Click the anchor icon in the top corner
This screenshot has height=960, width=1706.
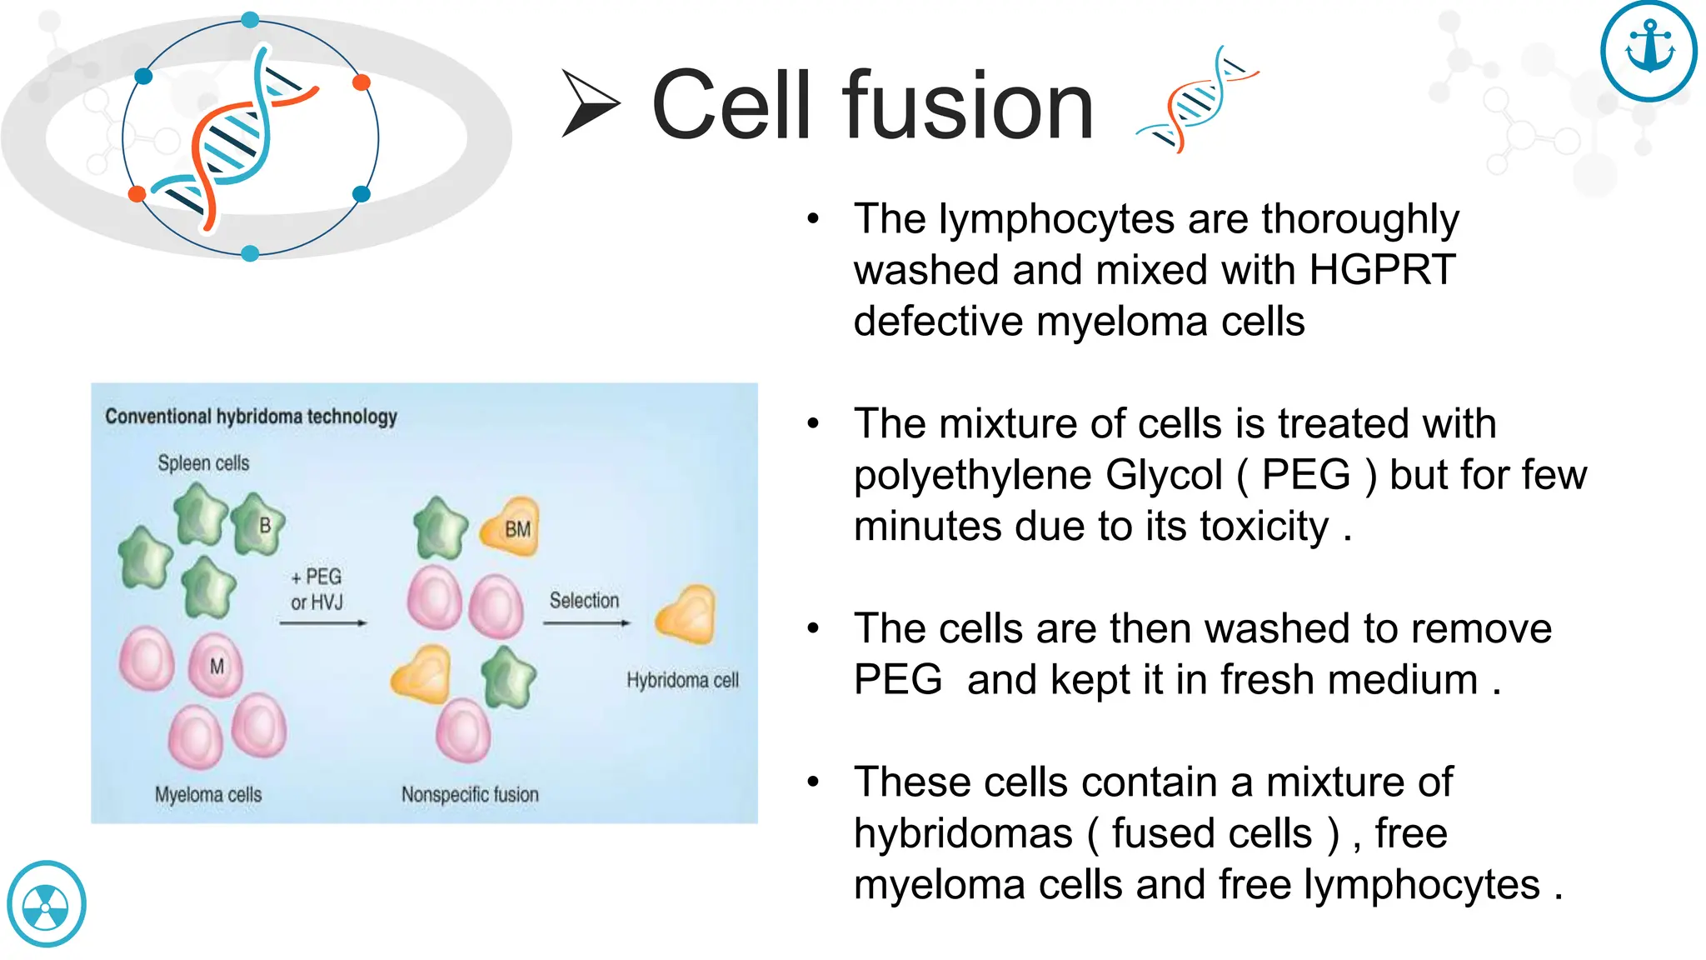click(x=1649, y=51)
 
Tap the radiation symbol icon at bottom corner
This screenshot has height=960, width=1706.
click(x=46, y=905)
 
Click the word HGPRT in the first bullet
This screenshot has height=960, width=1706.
click(x=1382, y=271)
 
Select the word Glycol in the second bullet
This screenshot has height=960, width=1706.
click(x=1164, y=476)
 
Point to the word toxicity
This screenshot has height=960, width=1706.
click(x=1264, y=527)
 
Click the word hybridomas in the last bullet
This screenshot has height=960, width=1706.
click(x=963, y=834)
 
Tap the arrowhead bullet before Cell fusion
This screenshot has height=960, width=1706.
click(x=590, y=104)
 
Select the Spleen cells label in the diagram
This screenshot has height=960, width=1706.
click(x=203, y=463)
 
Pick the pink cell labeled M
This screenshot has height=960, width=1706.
click(x=216, y=666)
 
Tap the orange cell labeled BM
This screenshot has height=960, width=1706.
click(x=511, y=527)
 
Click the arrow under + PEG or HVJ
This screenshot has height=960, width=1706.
click(x=322, y=622)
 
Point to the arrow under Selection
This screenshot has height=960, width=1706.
click(x=586, y=622)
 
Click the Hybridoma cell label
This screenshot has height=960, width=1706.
click(x=682, y=680)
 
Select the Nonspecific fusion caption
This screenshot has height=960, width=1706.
click(x=470, y=794)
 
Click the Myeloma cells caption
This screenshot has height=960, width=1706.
click(x=208, y=794)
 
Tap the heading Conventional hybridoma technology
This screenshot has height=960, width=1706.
click(x=251, y=416)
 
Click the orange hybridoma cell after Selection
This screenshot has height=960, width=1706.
click(x=686, y=616)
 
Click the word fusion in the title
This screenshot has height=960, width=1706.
click(x=967, y=107)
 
